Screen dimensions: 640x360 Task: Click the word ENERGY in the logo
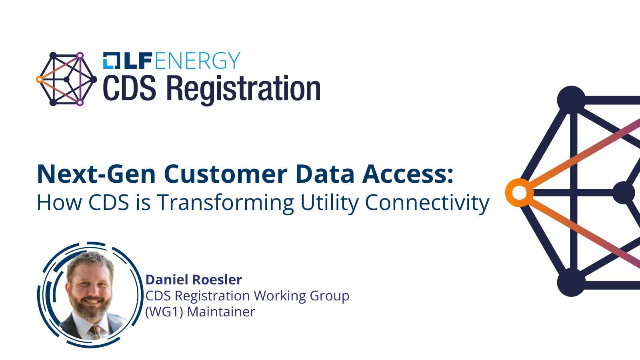198,60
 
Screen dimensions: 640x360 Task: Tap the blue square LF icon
112,60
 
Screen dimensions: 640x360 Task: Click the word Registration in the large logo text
243,90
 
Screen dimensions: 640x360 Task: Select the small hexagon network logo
66,79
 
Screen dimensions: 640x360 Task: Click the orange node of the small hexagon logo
40,80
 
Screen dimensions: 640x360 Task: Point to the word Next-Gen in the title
96,174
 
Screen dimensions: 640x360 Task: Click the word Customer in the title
226,174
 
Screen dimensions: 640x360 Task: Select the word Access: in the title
408,174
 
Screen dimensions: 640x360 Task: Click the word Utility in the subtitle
330,203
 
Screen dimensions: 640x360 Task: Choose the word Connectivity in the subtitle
427,203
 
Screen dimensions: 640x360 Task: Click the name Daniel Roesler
194,280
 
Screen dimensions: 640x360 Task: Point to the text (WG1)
164,312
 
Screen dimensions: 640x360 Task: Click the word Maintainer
221,312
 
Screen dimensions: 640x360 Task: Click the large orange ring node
520,193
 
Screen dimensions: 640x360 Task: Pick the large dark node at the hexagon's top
571,100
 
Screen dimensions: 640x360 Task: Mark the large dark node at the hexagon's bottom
571,282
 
